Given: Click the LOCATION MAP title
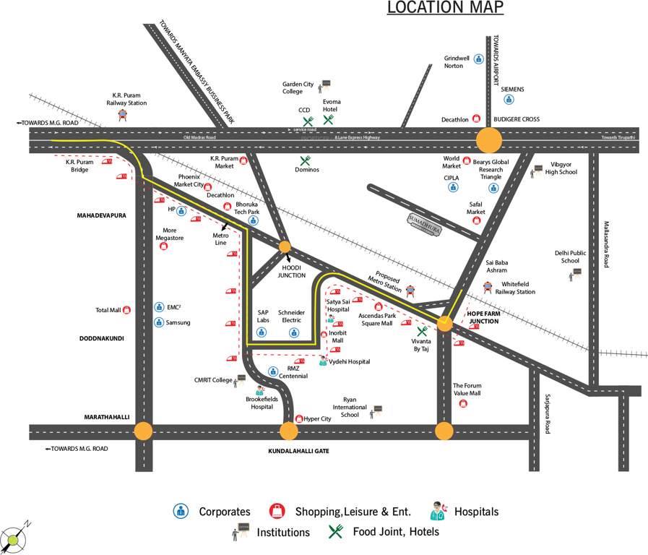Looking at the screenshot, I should [x=445, y=8].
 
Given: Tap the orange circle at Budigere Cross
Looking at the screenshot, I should [x=489, y=139].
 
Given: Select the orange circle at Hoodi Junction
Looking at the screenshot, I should [x=285, y=247].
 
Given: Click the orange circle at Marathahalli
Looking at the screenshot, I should [x=144, y=431].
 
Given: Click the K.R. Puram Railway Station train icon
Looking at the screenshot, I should [x=122, y=114].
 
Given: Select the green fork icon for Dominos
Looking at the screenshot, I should [x=305, y=160].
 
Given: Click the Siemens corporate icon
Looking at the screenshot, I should [x=509, y=100].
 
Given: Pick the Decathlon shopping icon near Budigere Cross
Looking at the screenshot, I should [x=476, y=119].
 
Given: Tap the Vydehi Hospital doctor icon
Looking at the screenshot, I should [x=323, y=361].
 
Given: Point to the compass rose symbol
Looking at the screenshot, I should [x=14, y=538].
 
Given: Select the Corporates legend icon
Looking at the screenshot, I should [x=181, y=511].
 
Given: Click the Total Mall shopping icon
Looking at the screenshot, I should [x=126, y=310].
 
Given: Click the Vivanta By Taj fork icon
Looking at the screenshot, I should [x=422, y=332].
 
